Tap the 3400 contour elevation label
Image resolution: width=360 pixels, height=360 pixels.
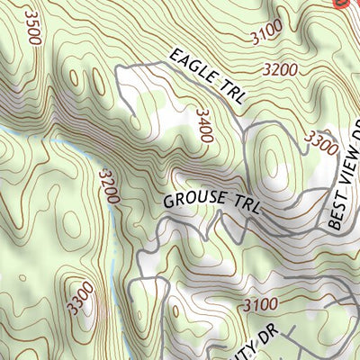(x=203, y=125)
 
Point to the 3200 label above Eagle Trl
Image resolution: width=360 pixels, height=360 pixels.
(x=281, y=68)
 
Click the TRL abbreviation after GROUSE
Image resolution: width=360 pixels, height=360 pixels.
(x=244, y=206)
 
